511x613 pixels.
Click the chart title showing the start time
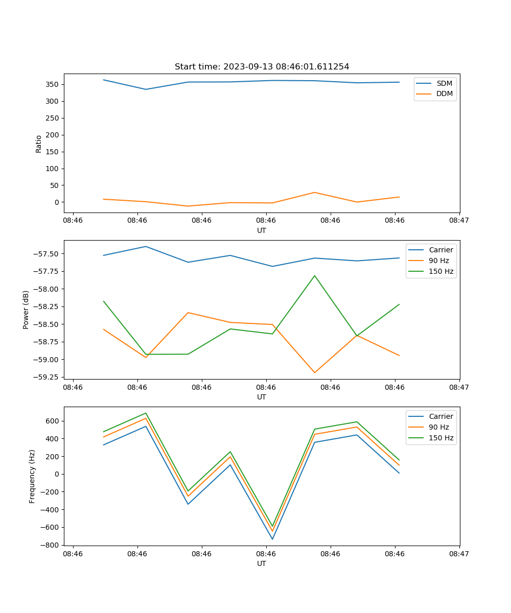click(x=262, y=67)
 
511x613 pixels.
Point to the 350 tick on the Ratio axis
click(x=53, y=84)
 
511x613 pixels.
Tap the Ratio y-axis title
click(x=39, y=144)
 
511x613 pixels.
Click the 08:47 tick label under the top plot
click(x=459, y=221)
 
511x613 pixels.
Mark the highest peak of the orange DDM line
click(x=314, y=193)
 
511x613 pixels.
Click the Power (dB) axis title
click(x=26, y=310)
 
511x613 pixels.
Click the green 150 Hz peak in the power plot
click(x=314, y=276)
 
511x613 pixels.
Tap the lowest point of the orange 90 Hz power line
click(x=314, y=372)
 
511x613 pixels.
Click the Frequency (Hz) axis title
click(x=32, y=476)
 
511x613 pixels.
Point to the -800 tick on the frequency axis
click(x=51, y=545)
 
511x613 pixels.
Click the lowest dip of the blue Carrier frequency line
click(x=272, y=539)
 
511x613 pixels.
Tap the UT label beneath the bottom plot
click(x=262, y=563)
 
